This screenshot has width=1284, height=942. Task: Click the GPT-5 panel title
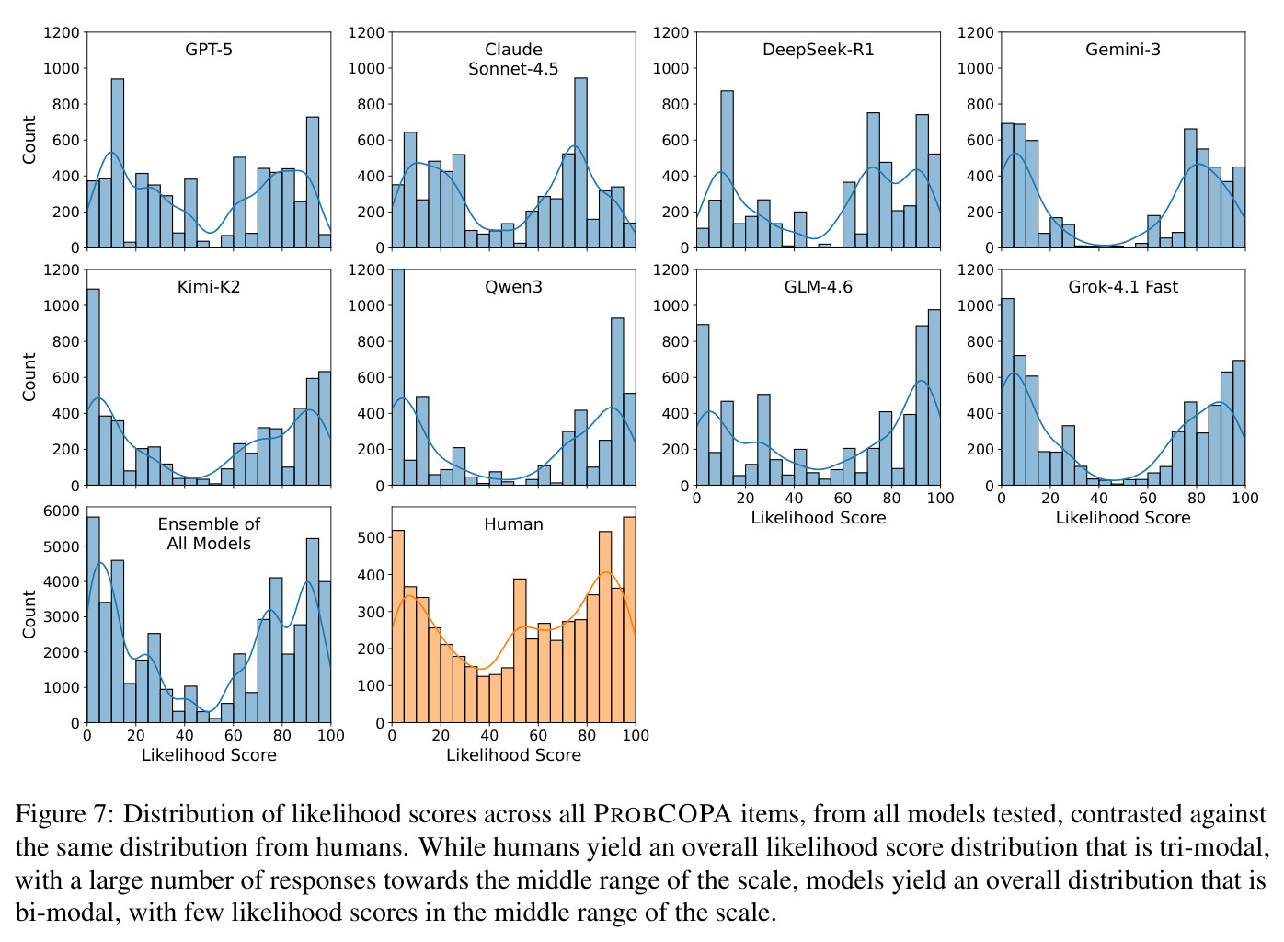pos(209,50)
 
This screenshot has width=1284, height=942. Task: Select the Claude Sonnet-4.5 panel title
pos(513,59)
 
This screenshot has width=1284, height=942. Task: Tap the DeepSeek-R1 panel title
pos(818,50)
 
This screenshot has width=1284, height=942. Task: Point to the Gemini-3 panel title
pos(1123,50)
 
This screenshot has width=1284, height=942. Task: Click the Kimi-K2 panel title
pos(209,287)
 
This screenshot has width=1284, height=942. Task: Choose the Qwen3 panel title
pos(513,287)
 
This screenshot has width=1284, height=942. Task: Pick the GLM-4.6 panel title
pos(818,287)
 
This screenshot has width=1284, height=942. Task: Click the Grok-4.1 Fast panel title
pos(1123,287)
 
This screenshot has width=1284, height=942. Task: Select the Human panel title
pos(513,524)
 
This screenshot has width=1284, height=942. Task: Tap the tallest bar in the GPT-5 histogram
pos(118,164)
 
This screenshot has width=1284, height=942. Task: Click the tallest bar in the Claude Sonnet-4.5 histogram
pos(580,163)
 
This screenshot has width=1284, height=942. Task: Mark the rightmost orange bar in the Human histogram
pos(629,620)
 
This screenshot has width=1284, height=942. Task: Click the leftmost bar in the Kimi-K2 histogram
pos(93,387)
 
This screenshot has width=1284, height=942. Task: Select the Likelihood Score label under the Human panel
pos(513,755)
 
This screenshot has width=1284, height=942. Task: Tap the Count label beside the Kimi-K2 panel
pos(29,377)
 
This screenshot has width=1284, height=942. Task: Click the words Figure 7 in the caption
pos(64,814)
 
